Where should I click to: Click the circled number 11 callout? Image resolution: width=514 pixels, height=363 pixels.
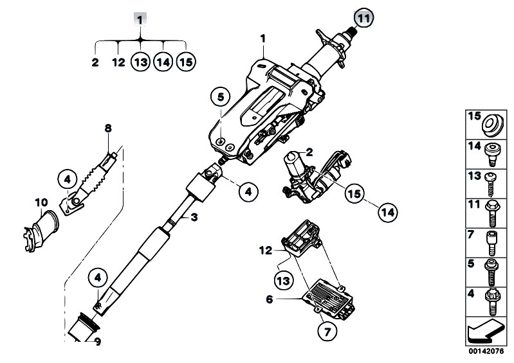coord(363,19)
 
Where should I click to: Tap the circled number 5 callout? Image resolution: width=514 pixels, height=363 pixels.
coord(221,97)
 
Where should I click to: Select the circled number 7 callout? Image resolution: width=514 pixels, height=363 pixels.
coord(327,332)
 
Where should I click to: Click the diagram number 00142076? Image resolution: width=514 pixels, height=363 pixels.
coord(486,351)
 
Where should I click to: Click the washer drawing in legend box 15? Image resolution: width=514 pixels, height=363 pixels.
coord(492,125)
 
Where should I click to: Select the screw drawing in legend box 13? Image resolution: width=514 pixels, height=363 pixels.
coord(491,184)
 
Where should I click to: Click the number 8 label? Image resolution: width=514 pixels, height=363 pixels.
coord(108,128)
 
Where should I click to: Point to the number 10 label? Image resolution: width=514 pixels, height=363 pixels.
coord(41,203)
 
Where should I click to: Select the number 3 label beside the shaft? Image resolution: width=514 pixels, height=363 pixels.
coord(194,217)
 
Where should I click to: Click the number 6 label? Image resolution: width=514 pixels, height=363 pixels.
coord(270,299)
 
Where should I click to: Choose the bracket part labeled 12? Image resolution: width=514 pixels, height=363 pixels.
coord(300,238)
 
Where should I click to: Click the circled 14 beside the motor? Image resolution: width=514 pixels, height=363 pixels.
coord(388,212)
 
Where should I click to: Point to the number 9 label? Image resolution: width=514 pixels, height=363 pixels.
coord(97,342)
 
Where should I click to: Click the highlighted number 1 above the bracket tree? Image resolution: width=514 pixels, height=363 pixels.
coord(140,21)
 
